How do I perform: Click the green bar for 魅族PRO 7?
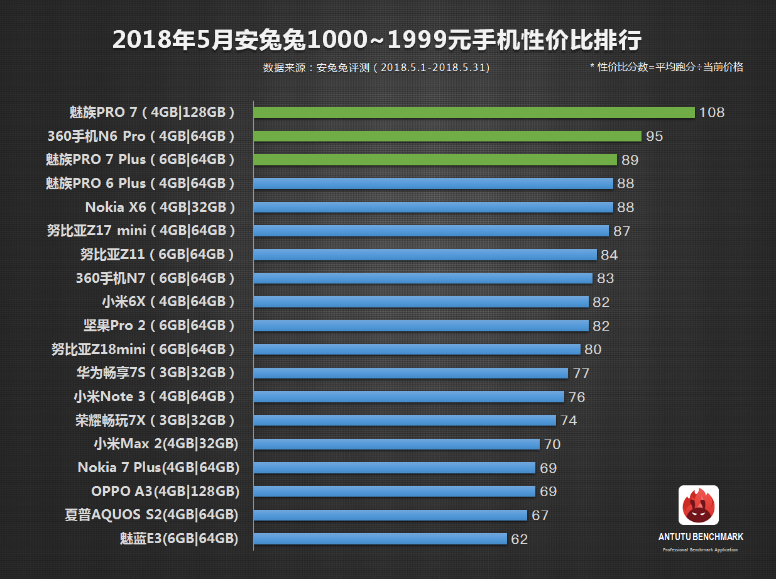(x=474, y=113)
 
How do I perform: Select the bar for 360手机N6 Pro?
(x=447, y=136)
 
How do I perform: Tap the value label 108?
(x=711, y=113)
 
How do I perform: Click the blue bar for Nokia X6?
(x=433, y=207)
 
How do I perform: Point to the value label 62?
(x=519, y=539)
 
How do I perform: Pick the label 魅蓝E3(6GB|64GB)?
(x=179, y=539)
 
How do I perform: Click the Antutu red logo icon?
(x=698, y=505)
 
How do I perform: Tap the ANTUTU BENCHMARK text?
(x=701, y=537)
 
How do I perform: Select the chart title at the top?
(x=377, y=40)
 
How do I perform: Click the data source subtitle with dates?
(x=376, y=68)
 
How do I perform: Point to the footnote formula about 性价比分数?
(x=667, y=67)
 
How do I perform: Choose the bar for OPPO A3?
(x=394, y=492)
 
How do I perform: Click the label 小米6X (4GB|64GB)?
(x=168, y=302)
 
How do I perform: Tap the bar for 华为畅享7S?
(x=410, y=373)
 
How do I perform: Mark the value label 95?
(x=654, y=136)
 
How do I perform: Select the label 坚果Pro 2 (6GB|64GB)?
(x=159, y=326)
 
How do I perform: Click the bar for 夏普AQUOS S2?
(x=390, y=516)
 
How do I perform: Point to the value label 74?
(x=569, y=421)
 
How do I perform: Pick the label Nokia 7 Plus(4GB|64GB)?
(x=158, y=468)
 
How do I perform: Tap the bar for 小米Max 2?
(x=396, y=444)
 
